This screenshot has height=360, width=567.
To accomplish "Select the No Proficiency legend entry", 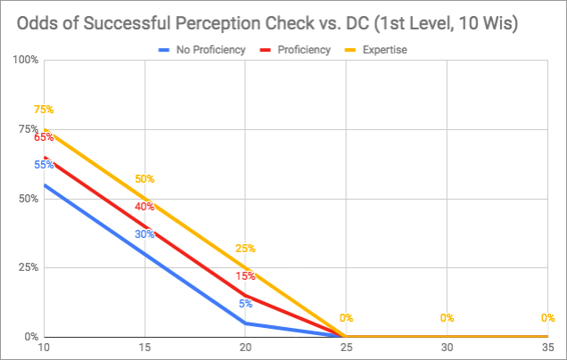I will point(210,50).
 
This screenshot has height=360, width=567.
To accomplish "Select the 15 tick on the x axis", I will point(144,348).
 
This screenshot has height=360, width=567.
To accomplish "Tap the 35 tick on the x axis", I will point(547,348).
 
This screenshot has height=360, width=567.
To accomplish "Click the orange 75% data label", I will point(44,110).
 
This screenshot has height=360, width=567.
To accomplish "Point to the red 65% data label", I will point(44,137).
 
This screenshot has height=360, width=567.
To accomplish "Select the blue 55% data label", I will point(44,165).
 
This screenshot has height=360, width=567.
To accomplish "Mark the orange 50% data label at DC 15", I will point(144,179).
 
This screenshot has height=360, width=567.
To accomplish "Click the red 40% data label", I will point(144,207).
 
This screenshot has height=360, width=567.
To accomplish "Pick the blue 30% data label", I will point(144,234).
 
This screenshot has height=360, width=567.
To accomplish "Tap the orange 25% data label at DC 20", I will point(245,249).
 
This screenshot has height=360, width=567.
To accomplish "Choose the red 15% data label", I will point(245,276).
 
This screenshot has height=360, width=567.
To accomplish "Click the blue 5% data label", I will point(245,304).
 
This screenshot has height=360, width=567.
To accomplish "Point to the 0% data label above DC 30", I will point(447,318).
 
